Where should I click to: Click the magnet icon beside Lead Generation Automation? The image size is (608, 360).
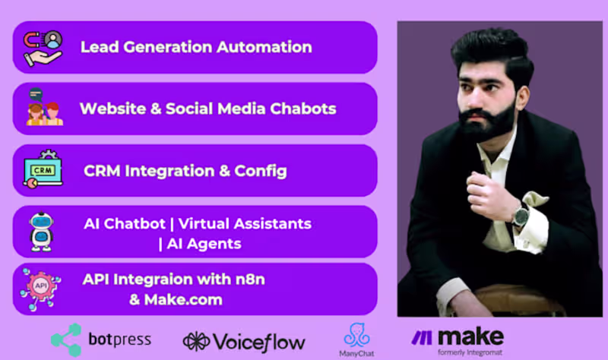(43, 47)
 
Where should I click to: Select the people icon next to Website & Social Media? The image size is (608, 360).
(44, 109)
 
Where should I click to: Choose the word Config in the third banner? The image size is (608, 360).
(262, 170)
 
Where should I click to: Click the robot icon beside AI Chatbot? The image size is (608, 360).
(41, 231)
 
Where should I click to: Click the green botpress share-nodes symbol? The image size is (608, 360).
(65, 339)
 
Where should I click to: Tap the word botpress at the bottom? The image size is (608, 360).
(120, 339)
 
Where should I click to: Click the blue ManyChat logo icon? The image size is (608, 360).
(356, 335)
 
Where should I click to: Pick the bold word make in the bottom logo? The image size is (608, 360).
(468, 335)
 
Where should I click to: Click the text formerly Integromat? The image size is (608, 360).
(470, 352)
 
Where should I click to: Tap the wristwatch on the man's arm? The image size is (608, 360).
(521, 215)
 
